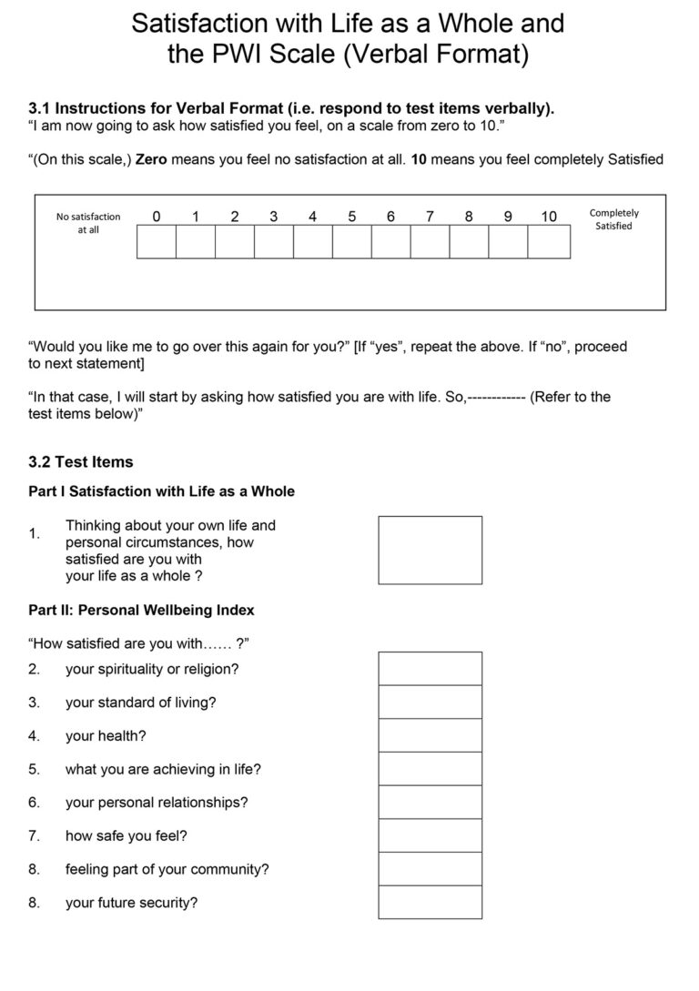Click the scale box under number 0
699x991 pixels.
coord(157,242)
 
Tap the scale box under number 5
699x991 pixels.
coord(352,242)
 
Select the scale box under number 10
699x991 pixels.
coord(549,242)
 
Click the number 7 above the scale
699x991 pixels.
coord(430,217)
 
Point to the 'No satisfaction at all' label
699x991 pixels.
coord(88,223)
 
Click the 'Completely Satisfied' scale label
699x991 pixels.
coord(614,219)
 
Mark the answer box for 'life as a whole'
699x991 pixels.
coord(430,550)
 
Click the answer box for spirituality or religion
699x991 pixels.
coord(430,669)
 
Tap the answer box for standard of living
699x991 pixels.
coord(430,702)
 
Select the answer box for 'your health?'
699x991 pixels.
coord(430,735)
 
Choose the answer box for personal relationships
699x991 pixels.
coord(430,802)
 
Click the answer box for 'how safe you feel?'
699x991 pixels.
coord(430,835)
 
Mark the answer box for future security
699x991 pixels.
coord(430,902)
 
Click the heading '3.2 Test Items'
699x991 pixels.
coord(81,462)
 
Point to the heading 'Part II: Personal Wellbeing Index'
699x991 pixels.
coord(142,610)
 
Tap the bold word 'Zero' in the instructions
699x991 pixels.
coord(151,159)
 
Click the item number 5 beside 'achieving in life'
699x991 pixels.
coord(34,769)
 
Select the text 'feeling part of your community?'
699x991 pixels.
coord(167,869)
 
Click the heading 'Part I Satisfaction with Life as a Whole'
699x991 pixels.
coord(162,491)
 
